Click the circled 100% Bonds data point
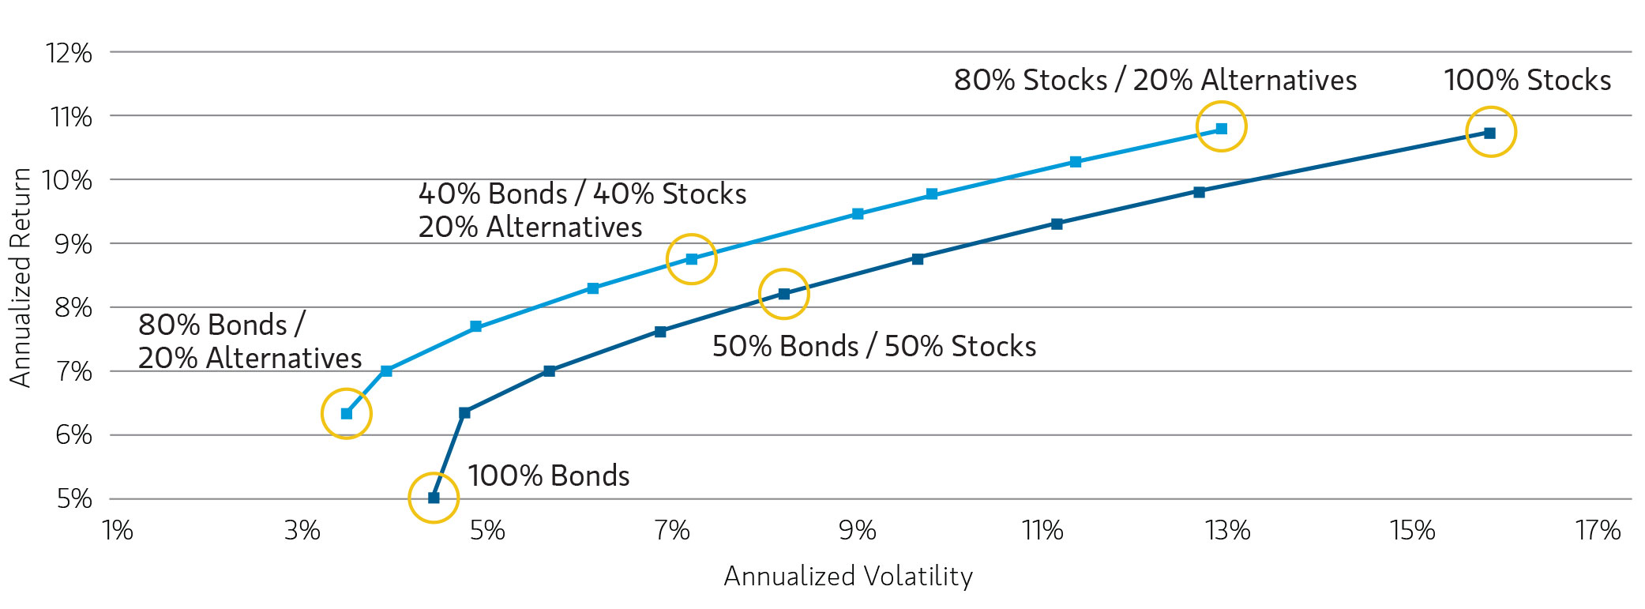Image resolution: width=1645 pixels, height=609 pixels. (x=434, y=498)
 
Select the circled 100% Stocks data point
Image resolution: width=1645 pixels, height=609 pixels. (x=1490, y=133)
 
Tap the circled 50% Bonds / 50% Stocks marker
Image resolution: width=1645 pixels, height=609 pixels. (x=784, y=294)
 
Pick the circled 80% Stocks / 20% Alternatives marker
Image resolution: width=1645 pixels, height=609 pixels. (x=1222, y=128)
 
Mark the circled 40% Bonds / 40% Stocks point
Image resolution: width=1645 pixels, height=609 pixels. (x=692, y=259)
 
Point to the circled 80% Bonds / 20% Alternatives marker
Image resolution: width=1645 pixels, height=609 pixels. (x=347, y=414)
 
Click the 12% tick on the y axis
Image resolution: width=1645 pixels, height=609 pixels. (x=69, y=53)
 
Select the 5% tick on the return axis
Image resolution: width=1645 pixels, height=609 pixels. (x=74, y=499)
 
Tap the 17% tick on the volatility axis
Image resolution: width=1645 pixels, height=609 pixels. (x=1598, y=530)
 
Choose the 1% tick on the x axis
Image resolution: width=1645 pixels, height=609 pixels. (x=118, y=530)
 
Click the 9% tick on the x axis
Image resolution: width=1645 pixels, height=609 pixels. (x=858, y=530)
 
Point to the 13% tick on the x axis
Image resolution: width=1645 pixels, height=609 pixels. (x=1228, y=530)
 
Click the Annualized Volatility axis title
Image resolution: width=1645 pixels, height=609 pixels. (x=848, y=576)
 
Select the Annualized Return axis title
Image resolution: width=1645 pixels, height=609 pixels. (x=20, y=277)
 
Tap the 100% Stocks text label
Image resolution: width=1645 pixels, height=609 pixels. (x=1527, y=80)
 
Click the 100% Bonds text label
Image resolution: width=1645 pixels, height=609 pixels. (x=549, y=476)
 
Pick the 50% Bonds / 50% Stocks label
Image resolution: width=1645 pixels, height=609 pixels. (x=874, y=346)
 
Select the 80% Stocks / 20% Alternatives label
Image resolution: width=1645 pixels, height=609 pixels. (x=1155, y=80)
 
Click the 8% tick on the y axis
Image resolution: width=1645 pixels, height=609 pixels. (x=73, y=307)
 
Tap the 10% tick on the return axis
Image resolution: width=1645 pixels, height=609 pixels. (x=67, y=180)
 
